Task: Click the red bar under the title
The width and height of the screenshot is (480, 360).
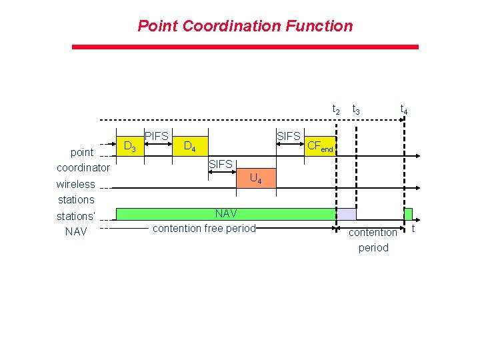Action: (x=245, y=47)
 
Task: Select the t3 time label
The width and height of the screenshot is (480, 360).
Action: (x=357, y=110)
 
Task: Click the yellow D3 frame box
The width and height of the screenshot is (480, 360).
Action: (x=131, y=145)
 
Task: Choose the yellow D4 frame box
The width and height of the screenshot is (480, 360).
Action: (x=189, y=145)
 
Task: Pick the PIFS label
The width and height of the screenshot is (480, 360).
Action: (x=157, y=137)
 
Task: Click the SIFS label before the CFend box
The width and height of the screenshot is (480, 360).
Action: (x=288, y=137)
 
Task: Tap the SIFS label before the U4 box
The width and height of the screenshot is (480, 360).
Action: (x=220, y=164)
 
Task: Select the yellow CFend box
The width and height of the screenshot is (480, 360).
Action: (x=321, y=146)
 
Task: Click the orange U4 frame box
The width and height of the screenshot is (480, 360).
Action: (x=255, y=178)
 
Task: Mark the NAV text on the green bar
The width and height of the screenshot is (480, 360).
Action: (x=225, y=214)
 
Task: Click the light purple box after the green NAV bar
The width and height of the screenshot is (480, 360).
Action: (x=346, y=214)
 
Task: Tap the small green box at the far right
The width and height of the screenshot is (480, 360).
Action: (x=409, y=214)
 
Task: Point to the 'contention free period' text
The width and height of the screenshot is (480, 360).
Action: (x=204, y=228)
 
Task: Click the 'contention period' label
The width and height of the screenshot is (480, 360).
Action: (x=373, y=240)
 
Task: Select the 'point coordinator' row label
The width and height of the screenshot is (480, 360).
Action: (x=83, y=160)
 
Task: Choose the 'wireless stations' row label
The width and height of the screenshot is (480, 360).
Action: (x=75, y=191)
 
